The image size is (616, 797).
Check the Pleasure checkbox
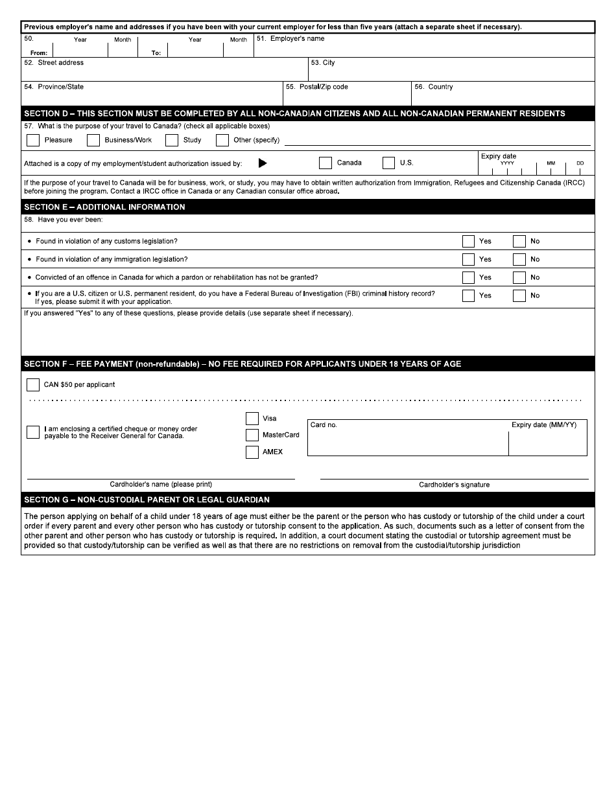[33, 140]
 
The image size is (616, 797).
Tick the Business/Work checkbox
[93, 140]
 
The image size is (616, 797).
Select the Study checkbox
[172, 140]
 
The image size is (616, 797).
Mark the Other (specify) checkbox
[222, 140]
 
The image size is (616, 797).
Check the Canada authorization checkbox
[326, 163]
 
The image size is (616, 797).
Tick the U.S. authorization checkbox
[389, 163]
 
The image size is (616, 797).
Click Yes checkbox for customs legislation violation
[468, 241]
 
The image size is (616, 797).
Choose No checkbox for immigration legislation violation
[519, 259]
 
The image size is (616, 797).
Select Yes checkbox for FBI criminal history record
[468, 295]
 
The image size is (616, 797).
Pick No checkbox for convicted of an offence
[519, 277]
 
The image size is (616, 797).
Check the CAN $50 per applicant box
[33, 385]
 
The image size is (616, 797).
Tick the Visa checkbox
[252, 419]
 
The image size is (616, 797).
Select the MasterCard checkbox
[252, 435]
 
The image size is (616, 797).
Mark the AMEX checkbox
[252, 452]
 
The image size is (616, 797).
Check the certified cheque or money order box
[33, 432]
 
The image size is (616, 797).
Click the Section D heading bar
[307, 113]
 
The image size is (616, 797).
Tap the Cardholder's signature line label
[454, 485]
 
